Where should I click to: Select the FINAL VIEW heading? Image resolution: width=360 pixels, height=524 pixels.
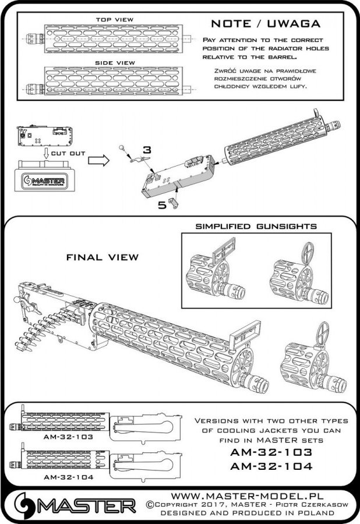[x=103, y=256]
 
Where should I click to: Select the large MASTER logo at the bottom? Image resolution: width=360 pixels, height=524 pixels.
[x=70, y=504]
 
